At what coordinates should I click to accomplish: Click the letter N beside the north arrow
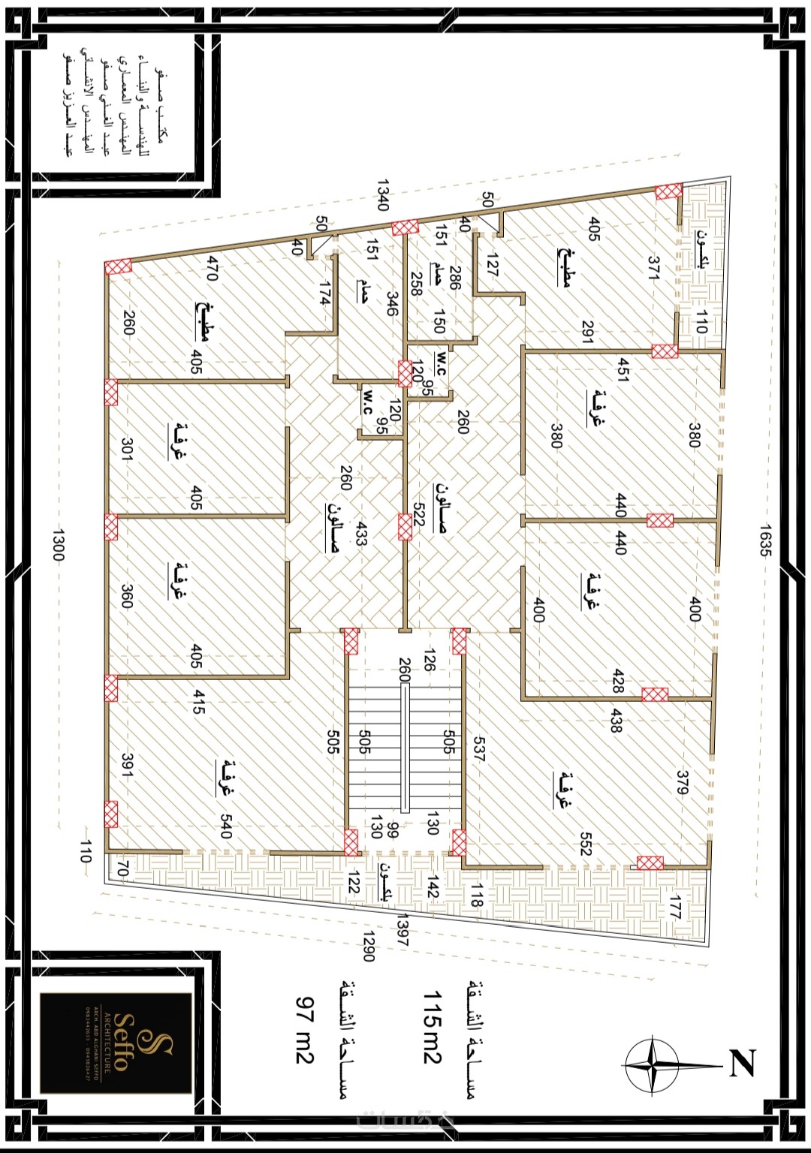click(x=742, y=1063)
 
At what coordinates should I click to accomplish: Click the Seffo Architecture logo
click(x=116, y=1043)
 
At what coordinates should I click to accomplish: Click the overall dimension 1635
click(x=764, y=540)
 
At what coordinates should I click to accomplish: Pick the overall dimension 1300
click(x=59, y=545)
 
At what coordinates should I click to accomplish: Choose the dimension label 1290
click(x=368, y=947)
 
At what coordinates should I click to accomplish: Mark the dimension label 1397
click(x=402, y=930)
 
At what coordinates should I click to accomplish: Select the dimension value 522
click(x=419, y=516)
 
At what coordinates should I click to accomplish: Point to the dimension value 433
click(x=361, y=534)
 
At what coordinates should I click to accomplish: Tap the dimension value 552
click(x=586, y=843)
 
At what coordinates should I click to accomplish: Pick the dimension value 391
click(x=128, y=766)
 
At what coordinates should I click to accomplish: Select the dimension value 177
click(x=674, y=907)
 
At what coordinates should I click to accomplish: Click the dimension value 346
click(x=392, y=303)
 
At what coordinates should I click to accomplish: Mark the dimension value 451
click(x=623, y=369)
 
